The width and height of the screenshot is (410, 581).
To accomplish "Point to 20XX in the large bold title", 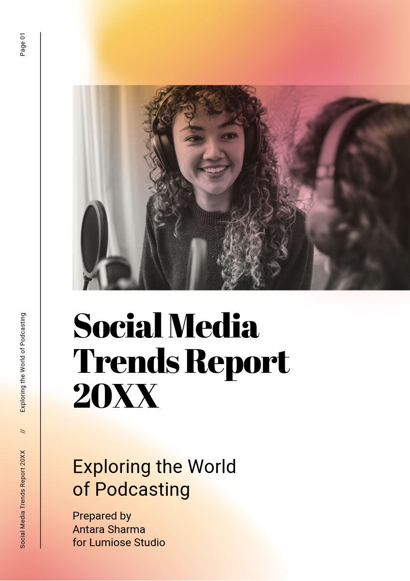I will (116, 397).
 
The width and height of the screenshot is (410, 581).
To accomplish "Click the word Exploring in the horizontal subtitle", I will (111, 467).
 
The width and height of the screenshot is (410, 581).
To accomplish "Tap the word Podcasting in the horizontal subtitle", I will (142, 489).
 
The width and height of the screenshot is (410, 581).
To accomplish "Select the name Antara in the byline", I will (89, 529).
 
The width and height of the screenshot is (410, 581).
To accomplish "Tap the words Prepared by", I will (102, 516).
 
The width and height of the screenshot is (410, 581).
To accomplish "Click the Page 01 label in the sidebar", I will (23, 45).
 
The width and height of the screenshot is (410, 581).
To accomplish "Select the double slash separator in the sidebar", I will (23, 430).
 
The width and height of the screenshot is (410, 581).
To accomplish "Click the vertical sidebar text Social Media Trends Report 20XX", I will (23, 499).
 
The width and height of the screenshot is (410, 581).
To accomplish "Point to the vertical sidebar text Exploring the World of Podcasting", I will (23, 363).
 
